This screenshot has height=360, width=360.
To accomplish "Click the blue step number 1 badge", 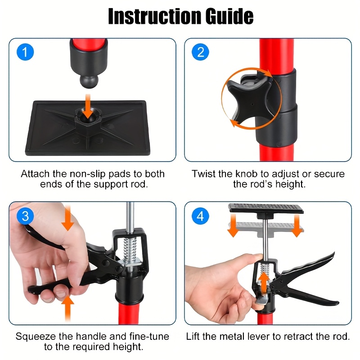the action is pos(25,52).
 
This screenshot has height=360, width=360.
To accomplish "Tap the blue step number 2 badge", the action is pos(200,52).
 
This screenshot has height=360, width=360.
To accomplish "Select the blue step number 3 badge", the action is pos(25,216).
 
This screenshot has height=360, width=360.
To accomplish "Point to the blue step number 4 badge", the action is pos(200,216).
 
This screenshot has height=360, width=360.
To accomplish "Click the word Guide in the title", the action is pos(229,16).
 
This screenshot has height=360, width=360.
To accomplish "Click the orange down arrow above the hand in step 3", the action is pos(67,218).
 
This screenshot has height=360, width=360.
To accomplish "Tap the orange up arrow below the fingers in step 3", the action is pos(67,308).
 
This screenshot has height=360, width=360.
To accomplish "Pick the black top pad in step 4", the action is pos(266,208).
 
